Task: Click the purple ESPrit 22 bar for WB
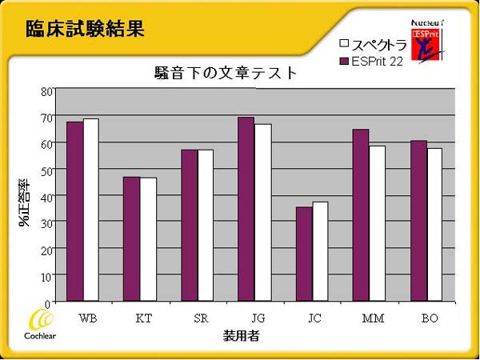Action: (x=74, y=212)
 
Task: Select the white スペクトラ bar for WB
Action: (x=90, y=210)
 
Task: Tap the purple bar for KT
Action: (x=131, y=239)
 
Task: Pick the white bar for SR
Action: (x=205, y=226)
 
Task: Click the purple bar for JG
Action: (x=246, y=210)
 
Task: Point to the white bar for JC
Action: (x=320, y=252)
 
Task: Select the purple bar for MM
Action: (x=361, y=216)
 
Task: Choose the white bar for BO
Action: (x=434, y=225)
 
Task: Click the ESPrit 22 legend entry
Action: (x=371, y=60)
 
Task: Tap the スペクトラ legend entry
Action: (x=373, y=44)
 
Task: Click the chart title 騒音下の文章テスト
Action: (x=226, y=73)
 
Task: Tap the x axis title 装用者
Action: (x=242, y=336)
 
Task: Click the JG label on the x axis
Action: (x=246, y=318)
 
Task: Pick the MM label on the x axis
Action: (x=373, y=318)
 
